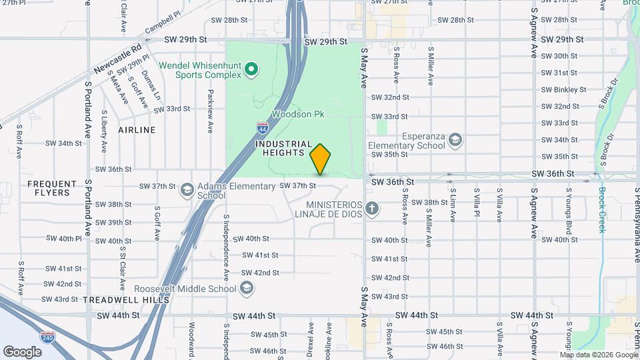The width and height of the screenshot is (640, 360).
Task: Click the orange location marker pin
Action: (320, 159)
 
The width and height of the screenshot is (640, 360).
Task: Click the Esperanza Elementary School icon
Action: (455, 140)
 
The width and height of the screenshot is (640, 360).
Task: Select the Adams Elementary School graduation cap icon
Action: (187, 190)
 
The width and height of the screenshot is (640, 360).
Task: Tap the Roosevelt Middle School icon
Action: (247, 289)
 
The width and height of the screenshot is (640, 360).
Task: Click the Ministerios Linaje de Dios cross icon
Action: (372, 209)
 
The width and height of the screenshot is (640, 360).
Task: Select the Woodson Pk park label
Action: (298, 115)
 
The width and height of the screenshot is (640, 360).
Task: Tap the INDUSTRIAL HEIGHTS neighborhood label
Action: (284, 149)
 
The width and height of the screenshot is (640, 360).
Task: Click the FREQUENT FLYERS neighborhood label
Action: (49, 188)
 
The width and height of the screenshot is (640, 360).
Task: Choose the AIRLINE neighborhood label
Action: (137, 130)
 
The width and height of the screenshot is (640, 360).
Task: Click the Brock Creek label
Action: (601, 209)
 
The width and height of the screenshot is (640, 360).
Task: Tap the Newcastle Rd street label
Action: (118, 59)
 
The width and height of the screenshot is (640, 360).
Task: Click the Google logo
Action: (22, 351)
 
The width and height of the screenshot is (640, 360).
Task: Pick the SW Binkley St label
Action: (563, 89)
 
